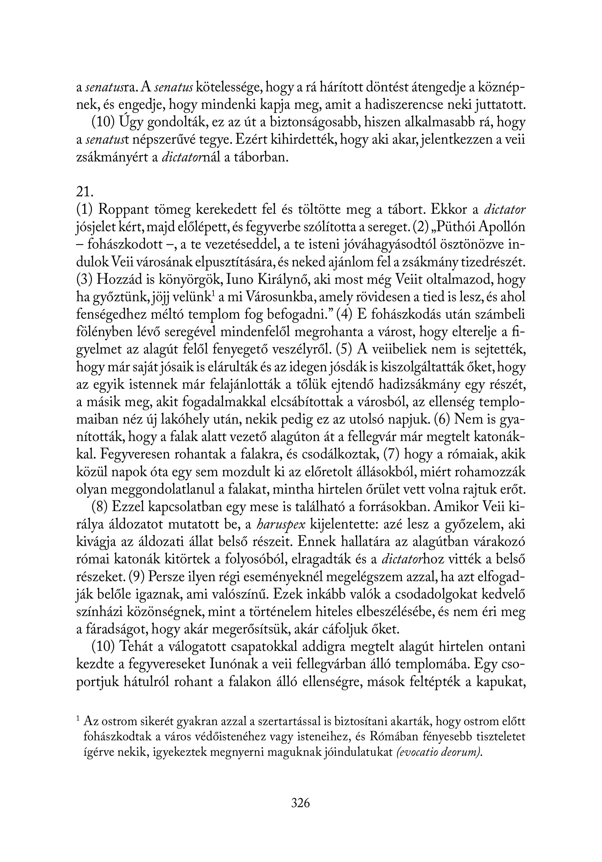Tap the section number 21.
pos(84,192)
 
